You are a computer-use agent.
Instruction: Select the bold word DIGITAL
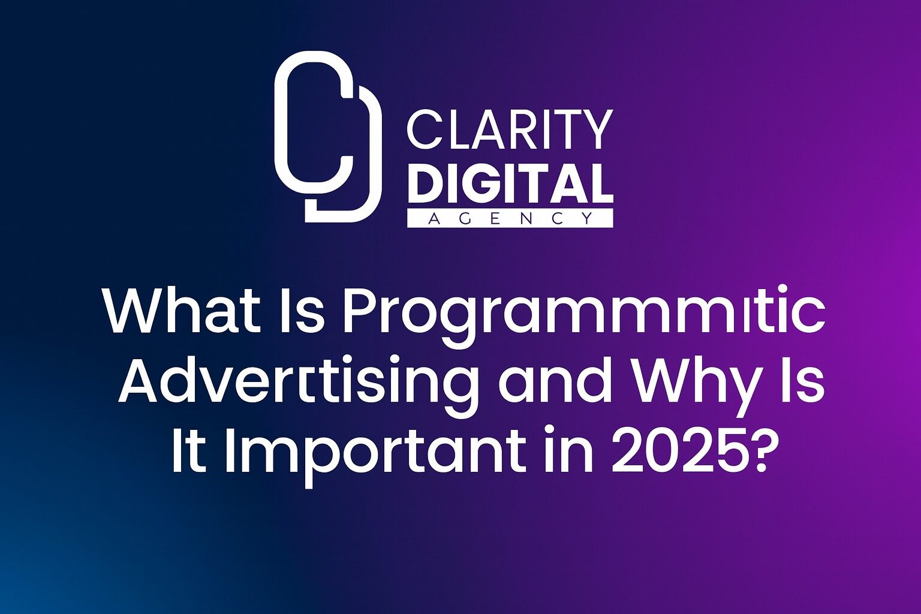click(510, 183)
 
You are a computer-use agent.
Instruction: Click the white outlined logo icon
click(327, 137)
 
